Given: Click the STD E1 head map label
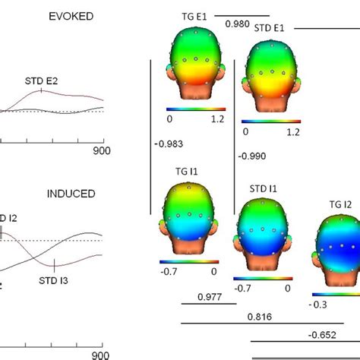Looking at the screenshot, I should coord(270,28).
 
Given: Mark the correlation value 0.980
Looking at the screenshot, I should coord(238,24).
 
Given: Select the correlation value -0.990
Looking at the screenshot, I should coord(251,156).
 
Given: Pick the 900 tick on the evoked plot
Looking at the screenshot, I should coord(102,150).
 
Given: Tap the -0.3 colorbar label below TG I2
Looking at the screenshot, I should coord(320,304).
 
